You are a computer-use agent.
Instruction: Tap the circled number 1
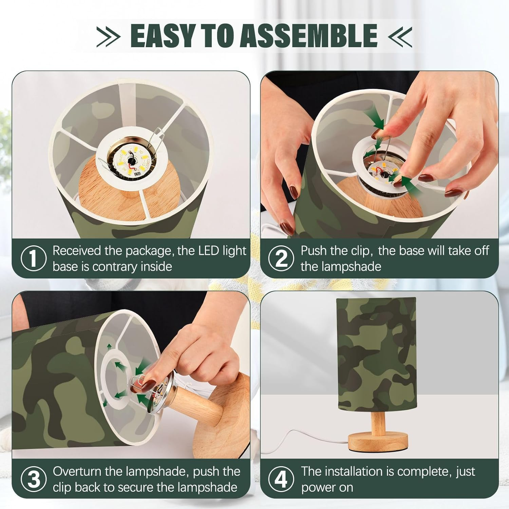tap(33, 258)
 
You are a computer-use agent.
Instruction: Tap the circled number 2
tap(281, 258)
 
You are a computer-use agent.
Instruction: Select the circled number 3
tap(33, 479)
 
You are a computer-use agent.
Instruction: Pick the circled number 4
tap(281, 479)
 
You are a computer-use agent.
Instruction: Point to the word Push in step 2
tap(314, 251)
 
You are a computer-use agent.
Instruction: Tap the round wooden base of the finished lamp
tap(378, 441)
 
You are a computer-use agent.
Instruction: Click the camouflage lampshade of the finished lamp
tap(376, 355)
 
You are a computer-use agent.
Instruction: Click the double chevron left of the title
tap(109, 36)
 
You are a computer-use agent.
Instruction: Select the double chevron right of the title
tap(400, 36)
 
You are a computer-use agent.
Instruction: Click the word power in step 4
tap(319, 488)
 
